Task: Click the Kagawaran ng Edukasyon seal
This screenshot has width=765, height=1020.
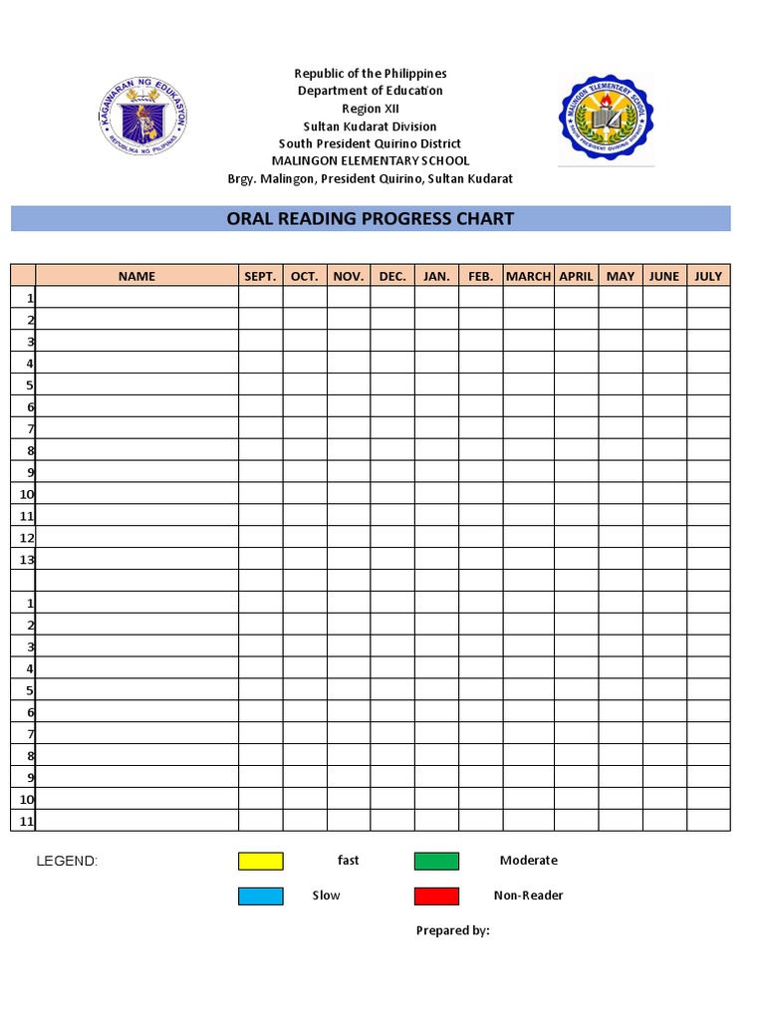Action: tap(143, 117)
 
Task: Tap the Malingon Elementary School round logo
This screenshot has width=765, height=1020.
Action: tap(607, 118)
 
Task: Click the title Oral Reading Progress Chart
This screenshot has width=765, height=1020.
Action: tap(371, 218)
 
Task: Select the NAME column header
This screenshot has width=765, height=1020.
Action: tap(136, 276)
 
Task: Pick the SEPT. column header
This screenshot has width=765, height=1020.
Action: tap(260, 276)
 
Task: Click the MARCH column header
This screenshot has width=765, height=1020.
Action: tap(528, 276)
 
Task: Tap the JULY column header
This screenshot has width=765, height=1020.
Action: tap(708, 276)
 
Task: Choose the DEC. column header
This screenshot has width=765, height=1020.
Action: tap(392, 276)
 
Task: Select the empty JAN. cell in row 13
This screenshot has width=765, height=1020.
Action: tap(436, 559)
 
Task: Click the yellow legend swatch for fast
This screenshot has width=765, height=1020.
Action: tap(261, 861)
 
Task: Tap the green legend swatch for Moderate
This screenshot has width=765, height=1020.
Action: tap(436, 861)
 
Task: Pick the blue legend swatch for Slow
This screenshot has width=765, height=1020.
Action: tap(261, 895)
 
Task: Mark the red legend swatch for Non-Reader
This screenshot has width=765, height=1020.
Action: tap(436, 895)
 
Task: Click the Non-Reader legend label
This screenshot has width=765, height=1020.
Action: tap(528, 895)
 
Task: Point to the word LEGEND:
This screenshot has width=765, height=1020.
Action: tap(67, 861)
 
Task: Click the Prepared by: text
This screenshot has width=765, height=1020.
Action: tap(452, 930)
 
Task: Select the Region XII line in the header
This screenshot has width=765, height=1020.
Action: tap(370, 109)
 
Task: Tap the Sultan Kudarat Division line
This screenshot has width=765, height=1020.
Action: tap(370, 127)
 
